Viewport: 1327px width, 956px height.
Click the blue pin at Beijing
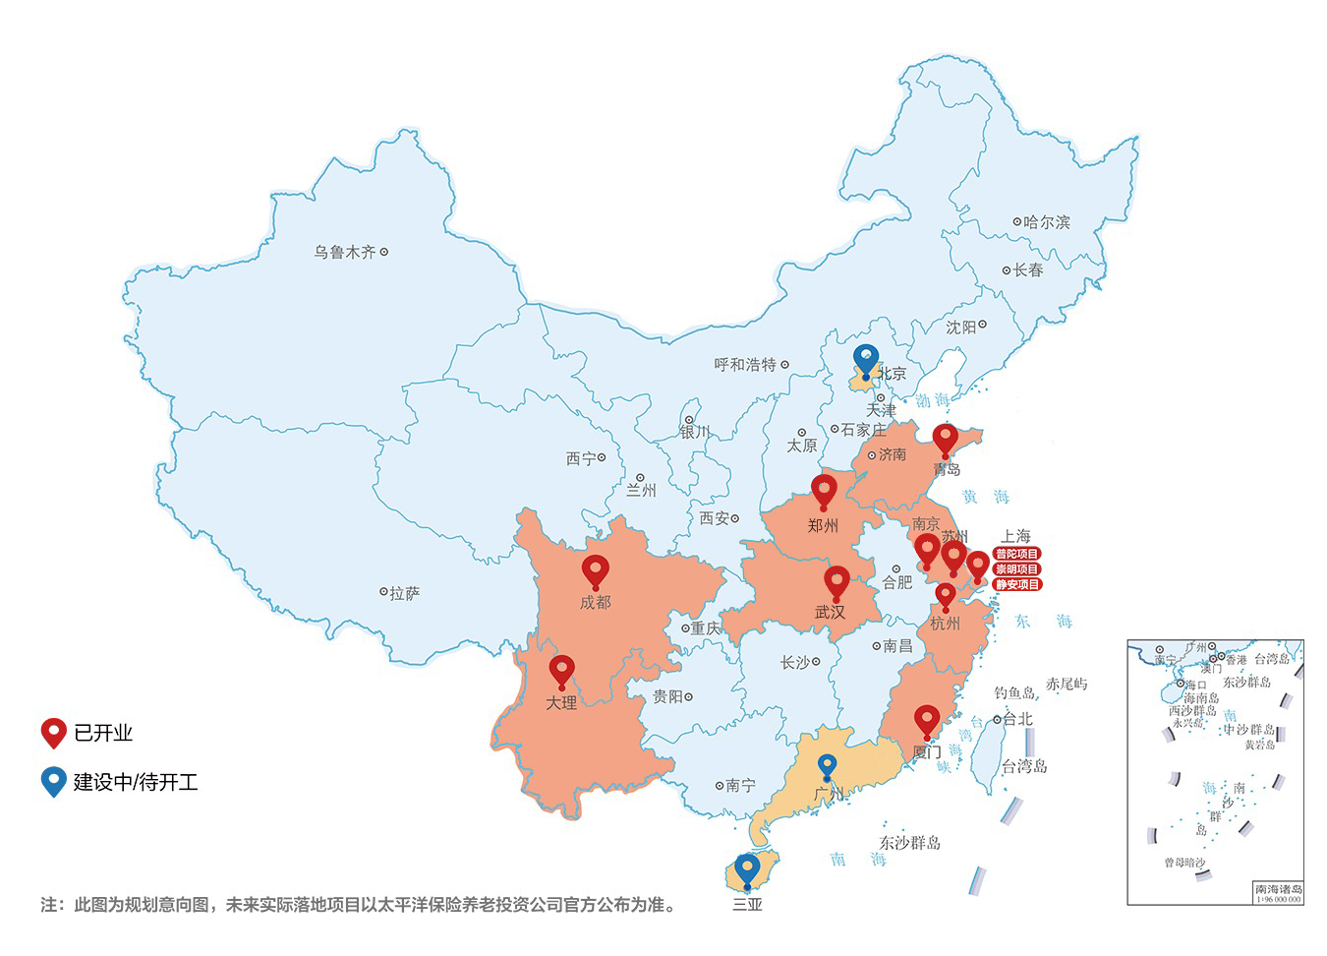coord(865,359)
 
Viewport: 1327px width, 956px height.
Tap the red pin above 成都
coord(596,569)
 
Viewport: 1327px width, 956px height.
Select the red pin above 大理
coord(561,670)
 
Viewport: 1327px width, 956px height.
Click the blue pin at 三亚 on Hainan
coord(747,868)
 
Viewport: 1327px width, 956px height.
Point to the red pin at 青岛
coord(945,439)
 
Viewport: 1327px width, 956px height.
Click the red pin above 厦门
coord(926,720)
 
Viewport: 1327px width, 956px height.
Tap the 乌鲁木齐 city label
coord(345,253)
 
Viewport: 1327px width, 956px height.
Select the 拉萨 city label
coord(404,593)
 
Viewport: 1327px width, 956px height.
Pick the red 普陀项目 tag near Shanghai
coord(1016,554)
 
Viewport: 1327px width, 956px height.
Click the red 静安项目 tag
coord(1016,584)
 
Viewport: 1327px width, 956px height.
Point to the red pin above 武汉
coord(837,580)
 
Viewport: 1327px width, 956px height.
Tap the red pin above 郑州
coord(824,489)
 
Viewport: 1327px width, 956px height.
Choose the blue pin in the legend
coord(53,781)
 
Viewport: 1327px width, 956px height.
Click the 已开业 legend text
coord(103,733)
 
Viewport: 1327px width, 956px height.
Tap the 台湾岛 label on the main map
coord(1024,766)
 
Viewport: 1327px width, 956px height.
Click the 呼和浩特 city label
coord(745,365)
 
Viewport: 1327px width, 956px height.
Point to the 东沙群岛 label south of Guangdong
coord(909,843)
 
